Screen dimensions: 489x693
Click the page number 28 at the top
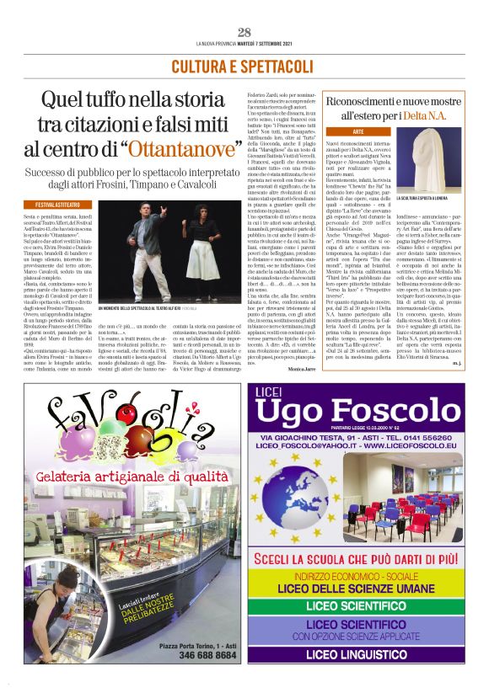[244, 33]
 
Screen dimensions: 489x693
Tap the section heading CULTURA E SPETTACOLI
[243, 67]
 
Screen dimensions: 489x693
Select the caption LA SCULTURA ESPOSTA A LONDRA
[429, 199]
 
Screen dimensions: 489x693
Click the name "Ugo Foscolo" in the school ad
[358, 411]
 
